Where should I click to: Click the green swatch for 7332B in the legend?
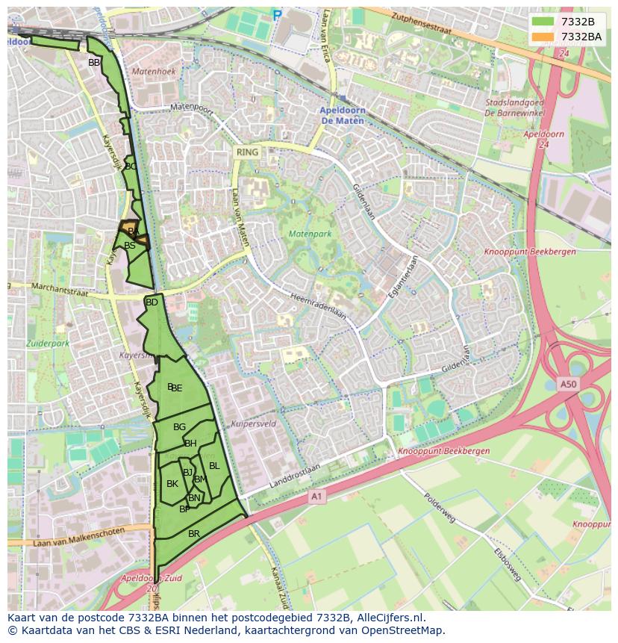tap(543, 22)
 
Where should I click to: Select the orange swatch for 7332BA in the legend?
tap(543, 36)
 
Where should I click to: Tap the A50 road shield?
tap(569, 385)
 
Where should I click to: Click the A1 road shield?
tap(317, 496)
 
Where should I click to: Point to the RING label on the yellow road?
tap(247, 152)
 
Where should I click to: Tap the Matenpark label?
tap(309, 234)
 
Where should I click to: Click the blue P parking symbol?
tap(278, 14)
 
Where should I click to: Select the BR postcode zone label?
tap(194, 534)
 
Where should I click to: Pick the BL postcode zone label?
tap(214, 466)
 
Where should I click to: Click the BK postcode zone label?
tap(172, 484)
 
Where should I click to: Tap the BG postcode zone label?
tap(179, 427)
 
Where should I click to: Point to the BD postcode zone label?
tap(152, 302)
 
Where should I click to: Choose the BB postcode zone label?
tap(94, 63)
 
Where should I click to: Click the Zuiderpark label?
tap(47, 344)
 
